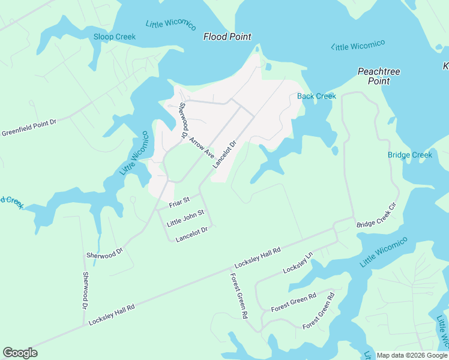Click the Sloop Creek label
click(x=115, y=37)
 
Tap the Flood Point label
click(x=227, y=37)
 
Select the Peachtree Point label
click(x=379, y=76)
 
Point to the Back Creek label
click(x=317, y=96)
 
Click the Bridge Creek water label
click(x=410, y=155)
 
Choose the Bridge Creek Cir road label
click(x=377, y=215)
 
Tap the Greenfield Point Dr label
click(x=29, y=127)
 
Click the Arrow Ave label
click(x=202, y=147)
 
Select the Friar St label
click(x=179, y=202)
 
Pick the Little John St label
click(x=185, y=217)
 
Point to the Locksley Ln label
click(x=298, y=263)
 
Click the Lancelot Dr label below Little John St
click(x=191, y=234)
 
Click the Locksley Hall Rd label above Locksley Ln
click(x=258, y=258)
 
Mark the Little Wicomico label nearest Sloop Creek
click(x=171, y=25)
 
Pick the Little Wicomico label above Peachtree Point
click(x=358, y=46)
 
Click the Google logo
click(x=20, y=353)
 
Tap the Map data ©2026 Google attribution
click(x=412, y=355)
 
